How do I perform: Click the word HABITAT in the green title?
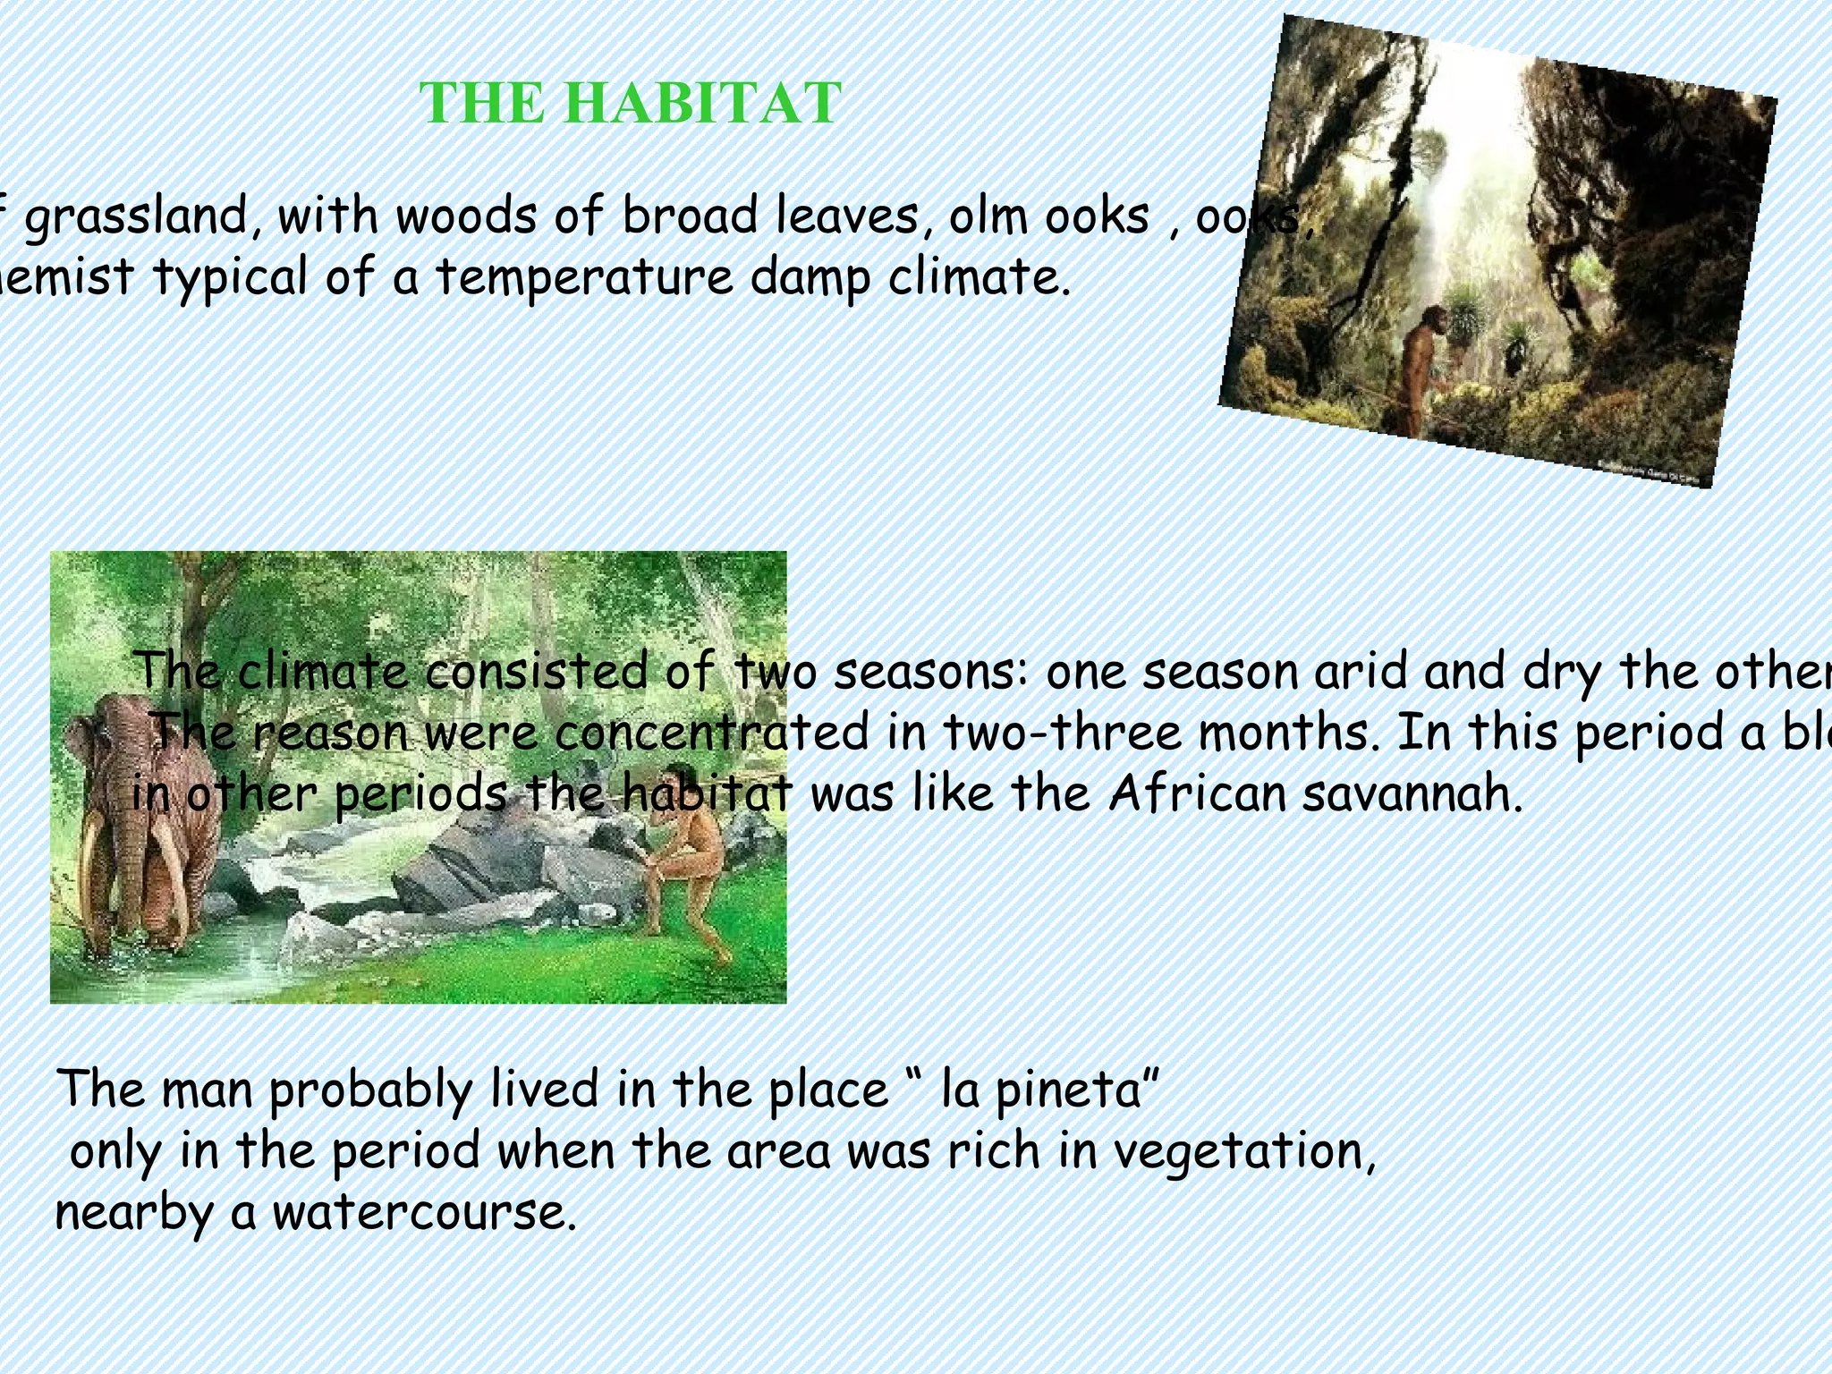(703, 103)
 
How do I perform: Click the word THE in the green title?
(481, 103)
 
